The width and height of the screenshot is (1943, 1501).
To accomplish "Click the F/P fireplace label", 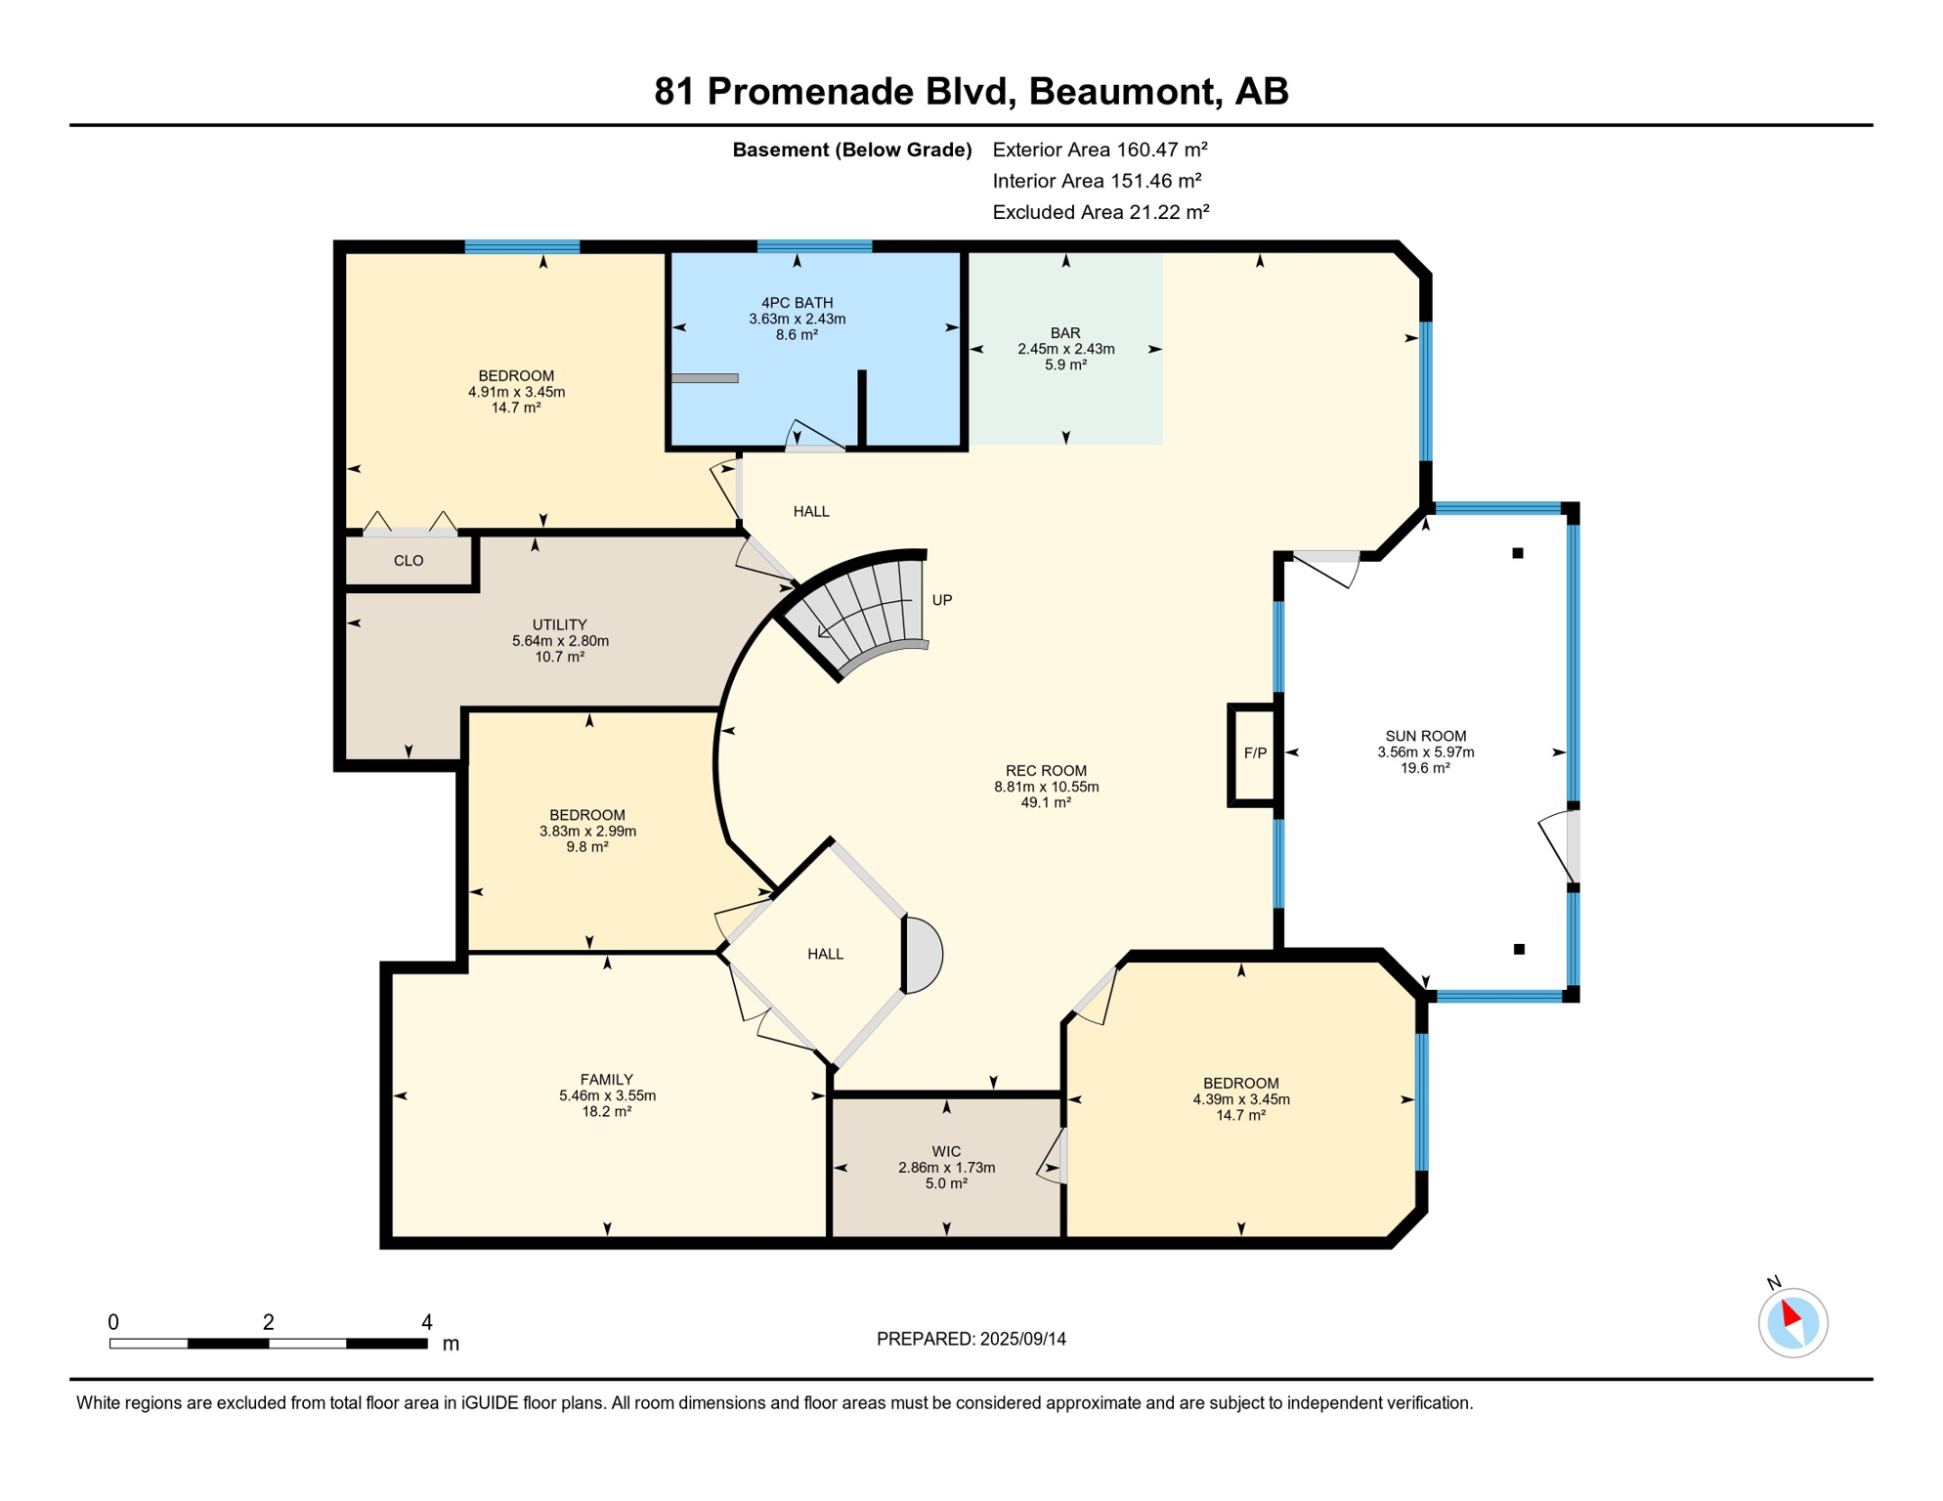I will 1255,753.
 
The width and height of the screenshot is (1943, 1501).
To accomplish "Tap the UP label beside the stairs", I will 941,600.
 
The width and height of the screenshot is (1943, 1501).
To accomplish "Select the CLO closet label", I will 409,561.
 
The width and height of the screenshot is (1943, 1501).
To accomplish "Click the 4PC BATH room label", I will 797,303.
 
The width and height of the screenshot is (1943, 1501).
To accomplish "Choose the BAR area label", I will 1065,333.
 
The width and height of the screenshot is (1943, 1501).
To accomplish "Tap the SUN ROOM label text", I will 1425,736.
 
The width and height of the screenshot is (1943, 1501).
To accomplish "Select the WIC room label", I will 946,1151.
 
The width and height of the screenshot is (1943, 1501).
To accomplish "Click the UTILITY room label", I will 559,624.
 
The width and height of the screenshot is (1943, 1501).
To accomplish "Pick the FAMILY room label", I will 606,1079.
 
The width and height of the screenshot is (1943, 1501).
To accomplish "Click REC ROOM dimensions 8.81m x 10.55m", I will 1046,787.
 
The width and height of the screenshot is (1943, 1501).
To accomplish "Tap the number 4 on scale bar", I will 427,1322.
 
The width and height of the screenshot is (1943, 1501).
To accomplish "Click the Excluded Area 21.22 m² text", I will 1101,212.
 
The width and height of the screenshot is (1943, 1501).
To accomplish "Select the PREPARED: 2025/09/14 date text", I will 971,1339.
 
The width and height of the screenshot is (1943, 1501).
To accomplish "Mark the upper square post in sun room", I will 1518,553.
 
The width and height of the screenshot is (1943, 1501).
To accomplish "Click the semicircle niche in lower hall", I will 924,955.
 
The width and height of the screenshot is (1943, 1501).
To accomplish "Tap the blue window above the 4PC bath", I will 814,246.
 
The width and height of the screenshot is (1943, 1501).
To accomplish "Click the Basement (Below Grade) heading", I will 851,150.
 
